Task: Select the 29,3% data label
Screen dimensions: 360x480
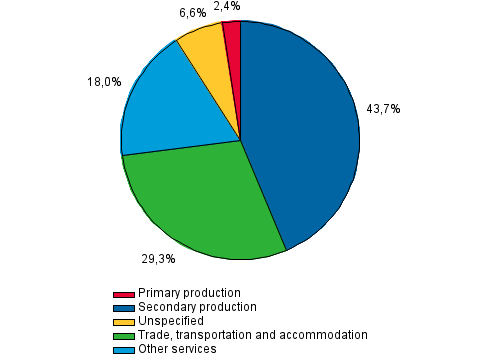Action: [x=158, y=259]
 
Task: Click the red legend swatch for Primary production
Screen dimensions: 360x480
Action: [x=124, y=294]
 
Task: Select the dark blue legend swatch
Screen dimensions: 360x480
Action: [x=124, y=308]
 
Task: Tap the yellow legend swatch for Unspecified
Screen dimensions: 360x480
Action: [x=124, y=322]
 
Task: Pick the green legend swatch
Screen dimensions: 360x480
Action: [x=124, y=336]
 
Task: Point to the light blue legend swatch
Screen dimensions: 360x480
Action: [x=124, y=349]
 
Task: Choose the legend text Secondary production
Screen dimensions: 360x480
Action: [x=197, y=307]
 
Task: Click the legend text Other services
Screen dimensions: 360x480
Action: [x=177, y=349]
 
